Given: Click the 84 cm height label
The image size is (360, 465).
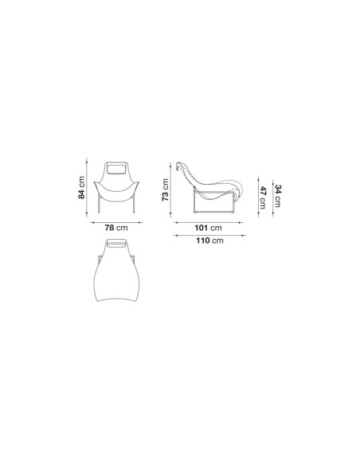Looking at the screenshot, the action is tap(81, 187).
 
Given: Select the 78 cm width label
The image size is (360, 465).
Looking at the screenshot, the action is tap(116, 228).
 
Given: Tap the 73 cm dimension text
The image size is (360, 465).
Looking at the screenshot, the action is tap(165, 190).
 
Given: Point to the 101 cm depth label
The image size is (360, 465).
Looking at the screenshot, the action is tap(208, 228).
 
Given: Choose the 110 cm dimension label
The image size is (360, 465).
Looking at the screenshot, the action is tap(209, 240).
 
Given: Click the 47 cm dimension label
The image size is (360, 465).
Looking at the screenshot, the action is tap(263, 197).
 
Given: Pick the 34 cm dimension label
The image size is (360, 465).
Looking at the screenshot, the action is tap(278, 196).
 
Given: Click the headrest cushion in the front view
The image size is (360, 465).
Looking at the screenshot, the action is tap(116, 169).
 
